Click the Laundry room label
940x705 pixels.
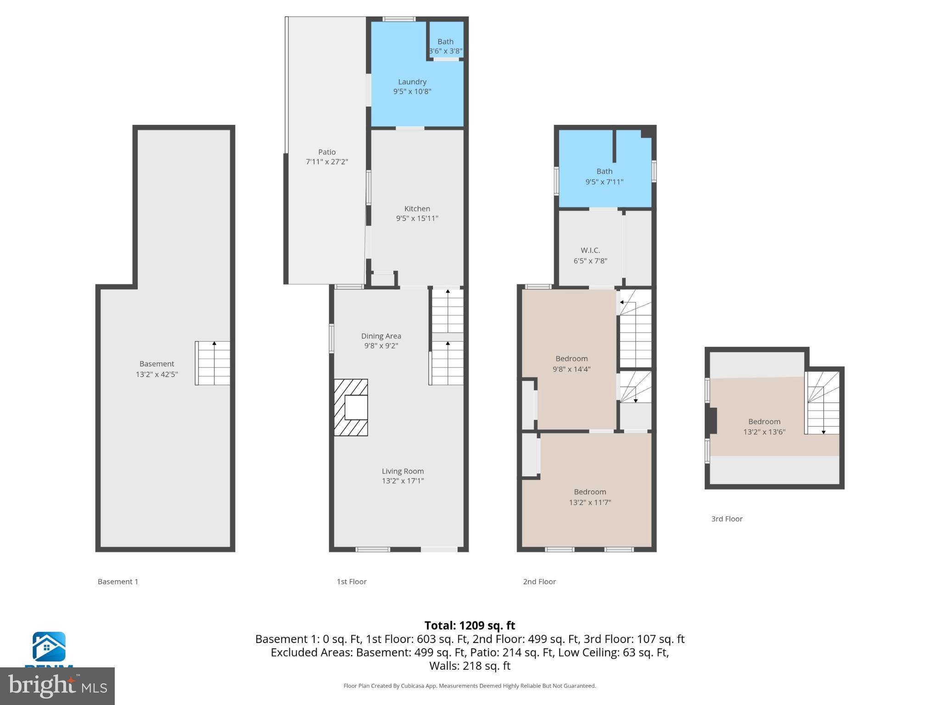click(412, 82)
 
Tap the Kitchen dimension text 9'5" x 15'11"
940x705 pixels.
click(417, 218)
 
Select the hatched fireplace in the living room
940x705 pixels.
click(351, 407)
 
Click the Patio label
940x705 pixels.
click(327, 152)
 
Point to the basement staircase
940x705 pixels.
click(213, 363)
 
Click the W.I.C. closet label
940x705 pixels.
click(590, 251)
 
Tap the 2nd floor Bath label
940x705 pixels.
click(604, 171)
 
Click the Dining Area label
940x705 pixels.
click(381, 336)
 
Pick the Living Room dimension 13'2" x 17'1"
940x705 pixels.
click(403, 481)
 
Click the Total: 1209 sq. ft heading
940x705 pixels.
click(470, 626)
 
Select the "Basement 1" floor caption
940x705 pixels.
click(118, 582)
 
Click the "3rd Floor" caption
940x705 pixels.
click(727, 519)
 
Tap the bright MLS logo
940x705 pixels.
click(57, 686)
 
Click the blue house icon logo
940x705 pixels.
click(49, 647)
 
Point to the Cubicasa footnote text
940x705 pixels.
click(470, 686)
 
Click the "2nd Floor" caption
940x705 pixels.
click(539, 582)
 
